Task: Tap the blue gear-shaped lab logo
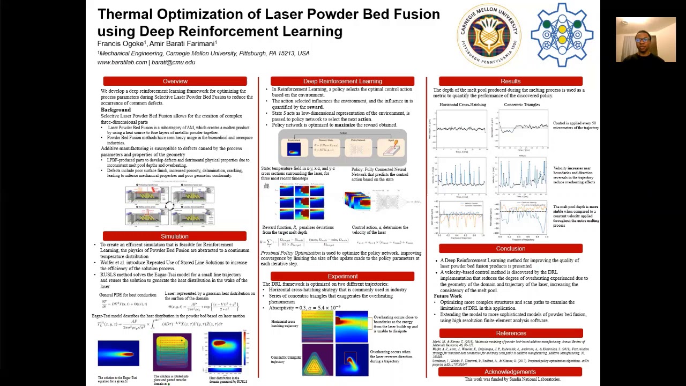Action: pos(562,35)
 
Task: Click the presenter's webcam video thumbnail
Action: pos(645,40)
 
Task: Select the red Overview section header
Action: pos(175,81)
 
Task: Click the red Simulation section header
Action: pos(175,236)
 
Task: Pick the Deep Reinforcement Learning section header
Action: pos(342,81)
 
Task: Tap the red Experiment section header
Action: pos(342,277)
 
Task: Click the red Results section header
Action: pos(510,81)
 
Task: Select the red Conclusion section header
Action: pos(510,249)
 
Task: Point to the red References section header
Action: pos(511,333)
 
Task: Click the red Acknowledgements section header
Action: pos(510,372)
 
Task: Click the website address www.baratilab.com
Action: pos(122,62)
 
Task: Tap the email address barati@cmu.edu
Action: pos(173,62)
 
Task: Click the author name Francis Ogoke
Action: pos(121,43)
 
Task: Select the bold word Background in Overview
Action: pos(116,110)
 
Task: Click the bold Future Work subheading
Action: pos(448,296)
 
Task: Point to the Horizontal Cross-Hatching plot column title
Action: pos(463,105)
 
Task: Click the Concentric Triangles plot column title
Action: pos(521,105)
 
